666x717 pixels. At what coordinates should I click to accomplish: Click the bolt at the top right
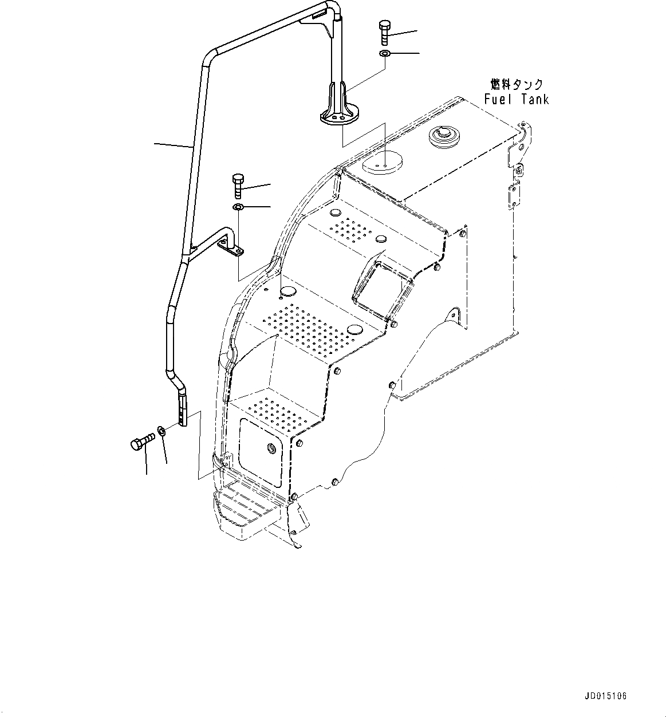point(384,33)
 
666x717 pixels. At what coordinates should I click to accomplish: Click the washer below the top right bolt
point(385,54)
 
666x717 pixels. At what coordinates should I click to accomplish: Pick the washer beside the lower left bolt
point(162,431)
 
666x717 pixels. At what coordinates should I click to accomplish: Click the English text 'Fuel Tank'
point(516,99)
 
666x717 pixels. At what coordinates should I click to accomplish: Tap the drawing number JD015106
point(606,696)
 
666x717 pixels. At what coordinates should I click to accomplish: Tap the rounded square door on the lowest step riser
point(261,451)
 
